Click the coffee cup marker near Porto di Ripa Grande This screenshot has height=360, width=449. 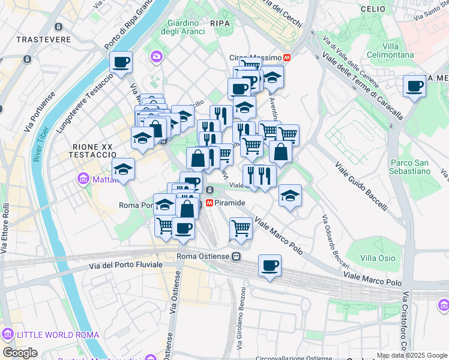tap(121, 62)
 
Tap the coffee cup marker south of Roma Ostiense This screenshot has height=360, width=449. tap(270, 265)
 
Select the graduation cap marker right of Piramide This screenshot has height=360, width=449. tap(290, 196)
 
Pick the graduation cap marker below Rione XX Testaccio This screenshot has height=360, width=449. tap(123, 169)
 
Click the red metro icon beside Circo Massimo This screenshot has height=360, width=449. tap(288, 58)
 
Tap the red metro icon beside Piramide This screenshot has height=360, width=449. tap(210, 203)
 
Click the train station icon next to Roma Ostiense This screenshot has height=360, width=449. tap(237, 257)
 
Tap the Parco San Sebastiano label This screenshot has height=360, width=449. tap(410, 166)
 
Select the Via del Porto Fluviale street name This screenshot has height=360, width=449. tap(125, 265)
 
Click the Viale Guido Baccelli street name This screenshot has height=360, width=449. tap(360, 186)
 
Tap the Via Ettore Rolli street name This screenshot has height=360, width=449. tap(6, 228)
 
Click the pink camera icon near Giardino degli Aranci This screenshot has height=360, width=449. tap(157, 56)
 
